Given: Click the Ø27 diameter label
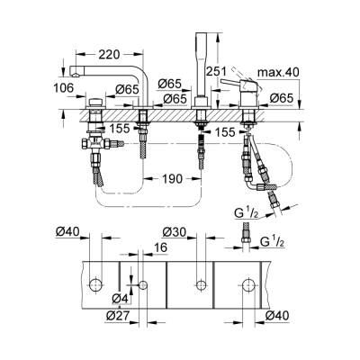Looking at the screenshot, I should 114,315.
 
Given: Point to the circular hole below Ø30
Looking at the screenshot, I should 199,285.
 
